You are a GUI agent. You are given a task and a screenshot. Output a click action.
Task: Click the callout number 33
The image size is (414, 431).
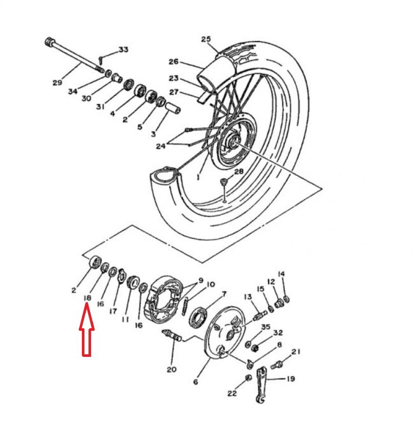click(x=123, y=50)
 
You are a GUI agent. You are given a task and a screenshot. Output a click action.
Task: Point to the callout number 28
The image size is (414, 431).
click(x=238, y=172)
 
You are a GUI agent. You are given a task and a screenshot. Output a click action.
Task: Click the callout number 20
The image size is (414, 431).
click(x=172, y=369)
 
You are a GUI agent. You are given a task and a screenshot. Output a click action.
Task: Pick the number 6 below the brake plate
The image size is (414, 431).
click(x=196, y=382)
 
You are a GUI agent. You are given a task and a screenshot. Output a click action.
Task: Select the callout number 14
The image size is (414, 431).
click(x=281, y=273)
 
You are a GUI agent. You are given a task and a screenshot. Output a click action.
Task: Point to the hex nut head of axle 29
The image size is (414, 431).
click(x=49, y=43)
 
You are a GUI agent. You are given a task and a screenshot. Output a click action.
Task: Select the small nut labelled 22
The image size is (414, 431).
click(x=248, y=378)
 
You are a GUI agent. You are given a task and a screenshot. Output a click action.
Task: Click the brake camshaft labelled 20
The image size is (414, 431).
click(x=171, y=336)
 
